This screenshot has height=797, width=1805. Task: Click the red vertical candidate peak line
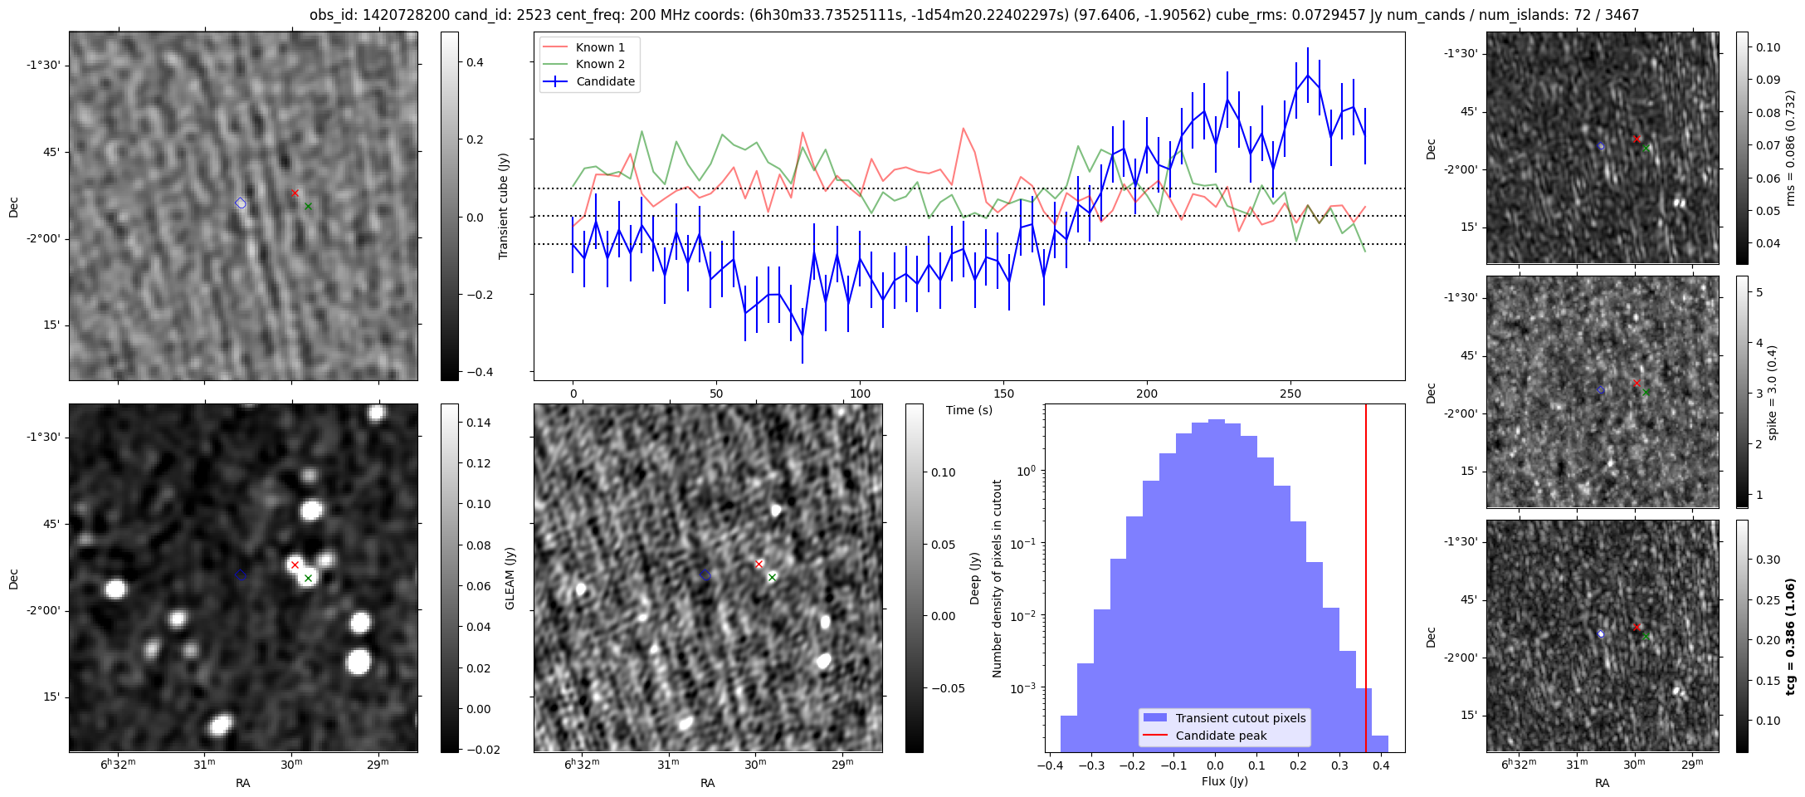coord(1365,578)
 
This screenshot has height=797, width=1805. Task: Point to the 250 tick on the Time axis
coord(1290,394)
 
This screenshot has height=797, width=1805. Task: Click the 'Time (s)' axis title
coord(969,410)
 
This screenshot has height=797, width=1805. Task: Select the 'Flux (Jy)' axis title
coord(1224,781)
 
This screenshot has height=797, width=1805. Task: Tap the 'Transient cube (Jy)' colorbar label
coord(503,206)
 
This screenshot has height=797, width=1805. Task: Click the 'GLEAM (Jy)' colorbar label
coord(510,578)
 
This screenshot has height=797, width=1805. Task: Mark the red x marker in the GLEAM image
coord(295,565)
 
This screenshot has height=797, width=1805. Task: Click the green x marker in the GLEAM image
coord(308,578)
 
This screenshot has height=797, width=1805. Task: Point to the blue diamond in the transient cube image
coord(241,203)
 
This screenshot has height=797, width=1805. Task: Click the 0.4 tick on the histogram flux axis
coord(1380,765)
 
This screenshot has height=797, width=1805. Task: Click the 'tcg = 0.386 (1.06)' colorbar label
coord(1791,636)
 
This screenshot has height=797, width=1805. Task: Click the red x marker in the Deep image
coord(759,565)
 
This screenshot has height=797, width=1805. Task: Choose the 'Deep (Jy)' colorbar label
coord(974,578)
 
